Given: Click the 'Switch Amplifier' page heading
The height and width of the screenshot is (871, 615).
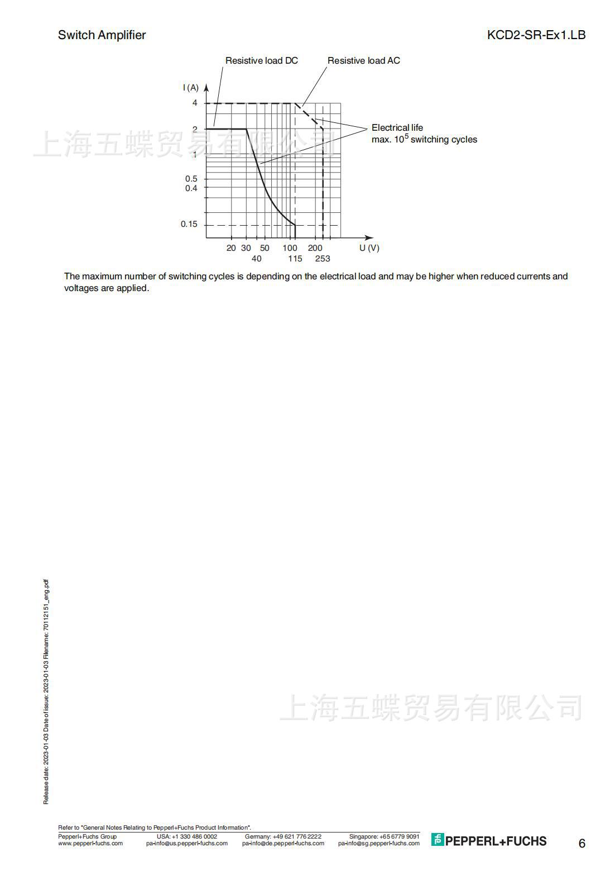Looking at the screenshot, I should (102, 35).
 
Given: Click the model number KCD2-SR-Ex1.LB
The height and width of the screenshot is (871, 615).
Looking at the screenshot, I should (536, 35).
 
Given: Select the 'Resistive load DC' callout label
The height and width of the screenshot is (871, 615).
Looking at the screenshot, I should (261, 60).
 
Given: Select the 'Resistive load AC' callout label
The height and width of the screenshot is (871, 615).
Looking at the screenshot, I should (363, 60).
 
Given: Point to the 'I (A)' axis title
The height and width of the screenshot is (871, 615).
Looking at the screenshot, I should (190, 88).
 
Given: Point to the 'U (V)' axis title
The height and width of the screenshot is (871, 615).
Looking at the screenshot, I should (369, 248).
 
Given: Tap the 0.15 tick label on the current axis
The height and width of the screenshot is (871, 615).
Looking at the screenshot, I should (189, 224).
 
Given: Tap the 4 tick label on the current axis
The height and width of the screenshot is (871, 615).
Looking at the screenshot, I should (195, 103).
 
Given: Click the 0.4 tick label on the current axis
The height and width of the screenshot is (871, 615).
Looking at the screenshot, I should (191, 188).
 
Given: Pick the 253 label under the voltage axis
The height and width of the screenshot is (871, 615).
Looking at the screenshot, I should (323, 259).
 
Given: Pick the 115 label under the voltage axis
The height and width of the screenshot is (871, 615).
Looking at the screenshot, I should (295, 259).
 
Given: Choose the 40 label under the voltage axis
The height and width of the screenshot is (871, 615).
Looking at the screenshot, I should (256, 259).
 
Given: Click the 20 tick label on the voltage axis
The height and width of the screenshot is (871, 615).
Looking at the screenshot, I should (231, 248).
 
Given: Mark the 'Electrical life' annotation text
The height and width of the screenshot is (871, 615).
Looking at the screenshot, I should (397, 128).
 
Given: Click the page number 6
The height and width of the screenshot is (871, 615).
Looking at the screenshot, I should (582, 844).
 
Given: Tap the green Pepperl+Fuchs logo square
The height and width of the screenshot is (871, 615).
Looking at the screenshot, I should (438, 840).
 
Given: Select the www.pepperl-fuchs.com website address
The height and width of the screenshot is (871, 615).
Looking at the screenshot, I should (90, 843).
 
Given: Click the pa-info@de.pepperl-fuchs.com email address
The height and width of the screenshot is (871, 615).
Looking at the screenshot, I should (283, 843).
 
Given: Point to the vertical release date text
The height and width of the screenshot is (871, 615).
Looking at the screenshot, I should (46, 693).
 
